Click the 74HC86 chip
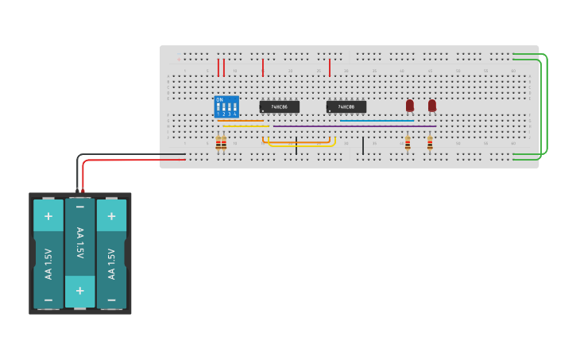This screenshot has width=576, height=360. coord(280,106)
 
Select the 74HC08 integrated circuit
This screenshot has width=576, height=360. coord(346,106)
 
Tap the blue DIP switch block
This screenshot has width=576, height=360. coord(226,107)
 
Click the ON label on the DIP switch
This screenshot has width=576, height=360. coord(219,99)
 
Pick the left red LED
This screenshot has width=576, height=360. coord(410,105)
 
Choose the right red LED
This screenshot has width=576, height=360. coord(432,105)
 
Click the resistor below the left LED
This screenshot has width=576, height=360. coord(408,143)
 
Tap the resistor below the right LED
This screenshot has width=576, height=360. coord(430,143)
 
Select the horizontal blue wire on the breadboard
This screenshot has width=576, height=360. coord(377,121)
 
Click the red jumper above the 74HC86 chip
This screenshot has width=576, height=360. coord(263,68)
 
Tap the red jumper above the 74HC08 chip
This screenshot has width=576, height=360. coord(330,68)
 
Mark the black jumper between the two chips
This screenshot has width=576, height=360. coord(296,145)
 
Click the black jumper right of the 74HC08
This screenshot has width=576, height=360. coord(363,145)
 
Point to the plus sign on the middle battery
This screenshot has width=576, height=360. coord(79,291)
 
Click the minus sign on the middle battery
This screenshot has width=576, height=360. coord(79,207)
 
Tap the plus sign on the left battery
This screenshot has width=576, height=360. coord(48,215)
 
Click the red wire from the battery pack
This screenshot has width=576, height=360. coord(135,160)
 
